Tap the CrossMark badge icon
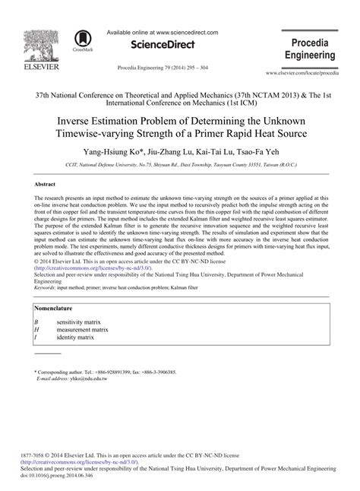tap(80, 41)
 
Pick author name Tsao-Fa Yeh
tap(250, 150)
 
